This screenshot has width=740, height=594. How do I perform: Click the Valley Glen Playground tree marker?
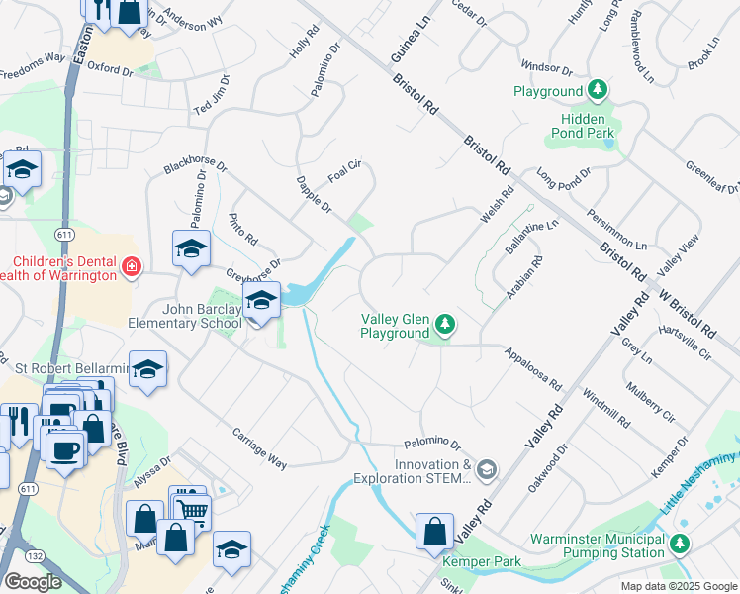[x=446, y=324]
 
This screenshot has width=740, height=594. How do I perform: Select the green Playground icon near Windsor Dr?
[x=598, y=92]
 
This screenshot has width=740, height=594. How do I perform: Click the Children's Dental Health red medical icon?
[x=130, y=266]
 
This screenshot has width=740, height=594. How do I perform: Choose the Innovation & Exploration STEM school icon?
[x=486, y=469]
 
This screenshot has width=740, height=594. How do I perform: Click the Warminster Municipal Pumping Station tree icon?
[x=679, y=543]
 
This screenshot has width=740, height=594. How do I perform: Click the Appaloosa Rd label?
[x=532, y=368]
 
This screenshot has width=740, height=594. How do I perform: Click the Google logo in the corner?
[x=32, y=582]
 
